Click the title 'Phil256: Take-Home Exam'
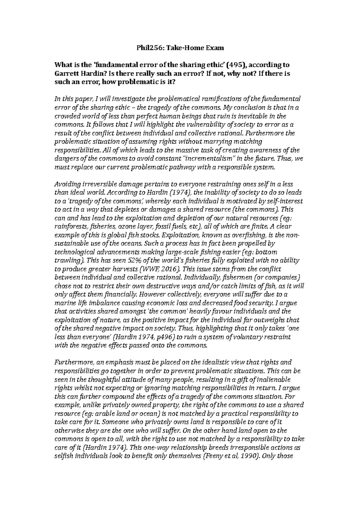pos(180,47)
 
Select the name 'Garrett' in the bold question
pos(65,73)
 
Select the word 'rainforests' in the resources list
pos(68,226)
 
